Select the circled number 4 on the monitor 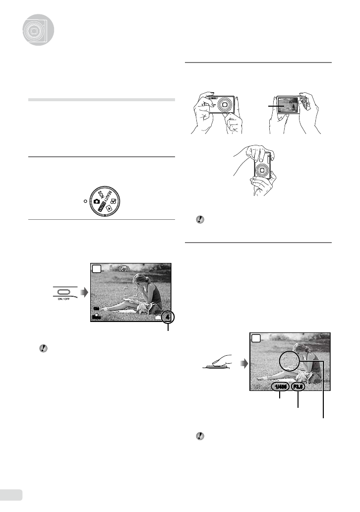tap(168, 316)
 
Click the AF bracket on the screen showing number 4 tap(130, 292)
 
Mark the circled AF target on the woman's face tap(290, 362)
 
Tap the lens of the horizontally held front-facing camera tap(227, 105)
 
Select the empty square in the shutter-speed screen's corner tap(256, 338)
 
